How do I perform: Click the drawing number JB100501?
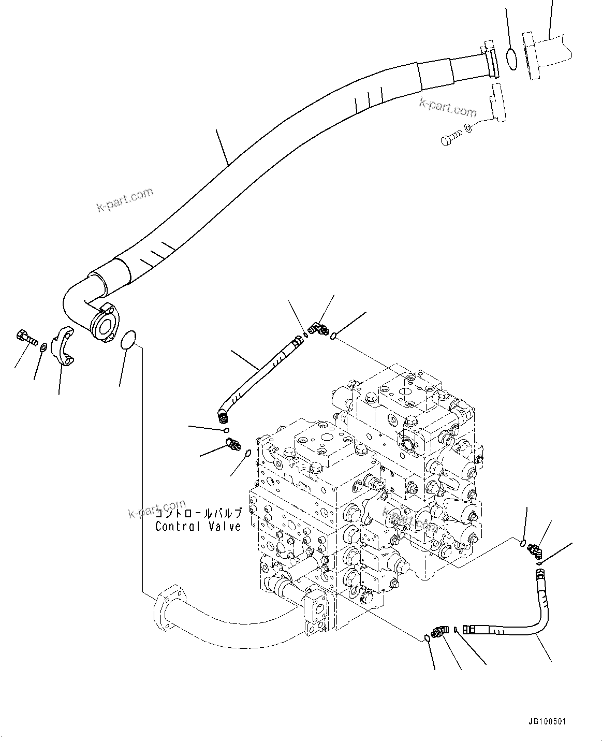(x=550, y=721)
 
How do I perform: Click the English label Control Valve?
(x=198, y=527)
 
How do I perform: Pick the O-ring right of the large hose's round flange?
(x=127, y=340)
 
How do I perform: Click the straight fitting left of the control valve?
(x=233, y=444)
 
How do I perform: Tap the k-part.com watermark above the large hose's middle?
(x=125, y=200)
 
